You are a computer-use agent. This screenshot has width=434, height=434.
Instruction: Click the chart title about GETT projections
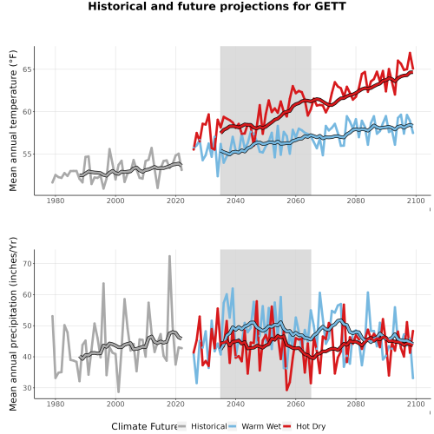tap(217, 6)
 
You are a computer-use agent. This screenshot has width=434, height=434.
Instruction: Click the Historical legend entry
tap(209, 426)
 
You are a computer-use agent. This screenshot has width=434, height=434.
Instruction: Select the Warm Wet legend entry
tap(261, 426)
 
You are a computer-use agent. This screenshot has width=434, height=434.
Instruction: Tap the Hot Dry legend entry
tap(311, 426)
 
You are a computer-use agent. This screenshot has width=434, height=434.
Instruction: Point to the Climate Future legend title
tap(144, 426)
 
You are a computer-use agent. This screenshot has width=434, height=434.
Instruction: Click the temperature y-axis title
tap(13, 121)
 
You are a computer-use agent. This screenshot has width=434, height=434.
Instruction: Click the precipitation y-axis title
tap(13, 324)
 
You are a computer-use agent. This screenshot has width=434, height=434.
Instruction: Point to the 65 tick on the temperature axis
tap(27, 69)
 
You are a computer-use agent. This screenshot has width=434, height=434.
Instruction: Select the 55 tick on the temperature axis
tap(27, 155)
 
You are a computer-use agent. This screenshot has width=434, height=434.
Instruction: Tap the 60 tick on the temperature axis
tap(27, 112)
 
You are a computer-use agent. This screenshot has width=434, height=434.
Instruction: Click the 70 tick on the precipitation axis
tap(27, 264)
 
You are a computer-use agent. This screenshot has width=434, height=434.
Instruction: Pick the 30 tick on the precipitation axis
tap(27, 388)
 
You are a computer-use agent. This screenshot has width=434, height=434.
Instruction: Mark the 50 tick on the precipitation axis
tap(27, 325)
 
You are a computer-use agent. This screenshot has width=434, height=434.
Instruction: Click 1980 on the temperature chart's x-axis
tap(56, 201)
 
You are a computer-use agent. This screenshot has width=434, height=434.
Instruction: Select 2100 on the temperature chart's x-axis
tap(416, 201)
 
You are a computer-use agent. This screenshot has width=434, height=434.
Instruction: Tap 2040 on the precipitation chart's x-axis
tap(235, 404)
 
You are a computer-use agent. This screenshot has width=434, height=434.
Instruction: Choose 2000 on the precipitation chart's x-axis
tap(115, 404)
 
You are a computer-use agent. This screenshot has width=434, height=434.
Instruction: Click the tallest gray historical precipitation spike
tap(169, 256)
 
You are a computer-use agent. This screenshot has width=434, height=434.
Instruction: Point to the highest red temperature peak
tap(410, 53)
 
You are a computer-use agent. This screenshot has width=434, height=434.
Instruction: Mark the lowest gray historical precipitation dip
tap(118, 391)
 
